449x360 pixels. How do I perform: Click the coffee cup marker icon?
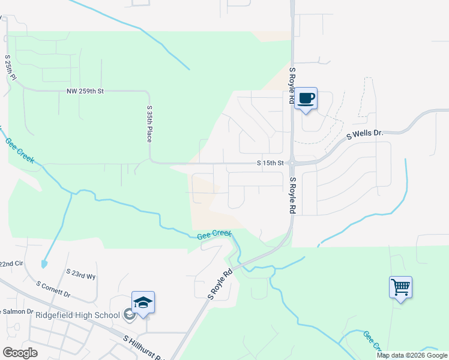(x=306, y=98)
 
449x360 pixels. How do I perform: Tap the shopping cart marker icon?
(x=400, y=286)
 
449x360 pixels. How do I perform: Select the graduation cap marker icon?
(x=143, y=302)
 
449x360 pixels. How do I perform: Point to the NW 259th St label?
(x=85, y=91)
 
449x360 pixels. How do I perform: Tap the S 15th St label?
(x=270, y=163)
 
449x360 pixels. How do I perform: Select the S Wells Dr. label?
(x=364, y=136)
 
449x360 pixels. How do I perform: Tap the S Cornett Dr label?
(x=53, y=290)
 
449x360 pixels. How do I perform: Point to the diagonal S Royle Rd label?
(x=220, y=284)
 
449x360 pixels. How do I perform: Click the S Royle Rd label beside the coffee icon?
(x=292, y=86)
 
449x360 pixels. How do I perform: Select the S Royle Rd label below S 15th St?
(x=292, y=196)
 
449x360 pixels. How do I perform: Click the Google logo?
(x=20, y=353)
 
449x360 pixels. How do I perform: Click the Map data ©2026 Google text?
(x=412, y=355)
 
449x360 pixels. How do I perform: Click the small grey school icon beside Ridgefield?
(x=128, y=314)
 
